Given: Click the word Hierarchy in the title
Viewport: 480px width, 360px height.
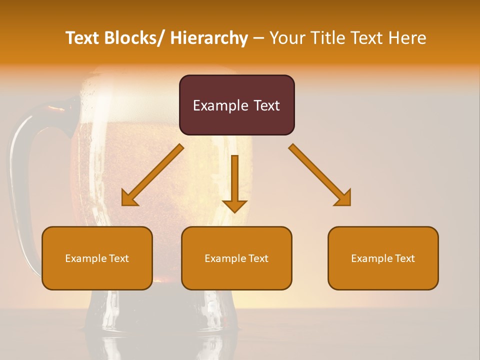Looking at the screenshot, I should pos(209,38).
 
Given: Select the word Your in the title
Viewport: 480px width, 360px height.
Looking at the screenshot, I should pos(287,38).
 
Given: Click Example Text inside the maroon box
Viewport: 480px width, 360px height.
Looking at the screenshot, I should pos(236,105).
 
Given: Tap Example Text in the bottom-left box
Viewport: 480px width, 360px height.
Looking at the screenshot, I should pos(97,258).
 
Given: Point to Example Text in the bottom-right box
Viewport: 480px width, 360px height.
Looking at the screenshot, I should pos(383,258).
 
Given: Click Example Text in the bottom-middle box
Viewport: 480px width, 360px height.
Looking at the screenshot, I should pos(236,258).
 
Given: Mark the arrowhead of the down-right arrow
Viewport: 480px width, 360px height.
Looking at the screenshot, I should pos(344,198).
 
